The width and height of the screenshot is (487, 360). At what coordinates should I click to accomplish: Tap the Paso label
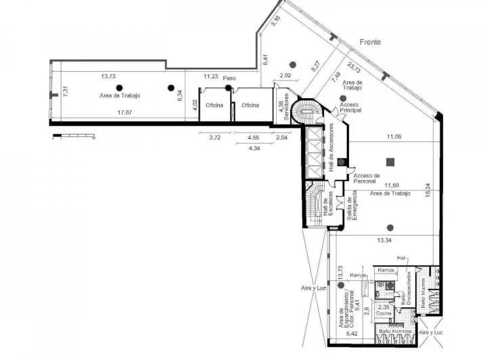(230, 78)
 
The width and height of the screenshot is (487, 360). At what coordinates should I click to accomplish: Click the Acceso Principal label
(350, 108)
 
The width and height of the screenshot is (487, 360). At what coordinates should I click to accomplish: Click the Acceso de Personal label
(365, 179)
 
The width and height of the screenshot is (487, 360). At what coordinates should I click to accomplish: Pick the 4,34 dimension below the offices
(254, 148)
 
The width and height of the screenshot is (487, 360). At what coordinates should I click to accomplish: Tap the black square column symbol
(390, 161)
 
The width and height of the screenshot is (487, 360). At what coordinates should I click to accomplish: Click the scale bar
(74, 136)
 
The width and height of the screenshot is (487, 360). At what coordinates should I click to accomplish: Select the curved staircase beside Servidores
(310, 113)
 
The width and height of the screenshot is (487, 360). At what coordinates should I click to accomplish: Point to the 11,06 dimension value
(394, 137)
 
